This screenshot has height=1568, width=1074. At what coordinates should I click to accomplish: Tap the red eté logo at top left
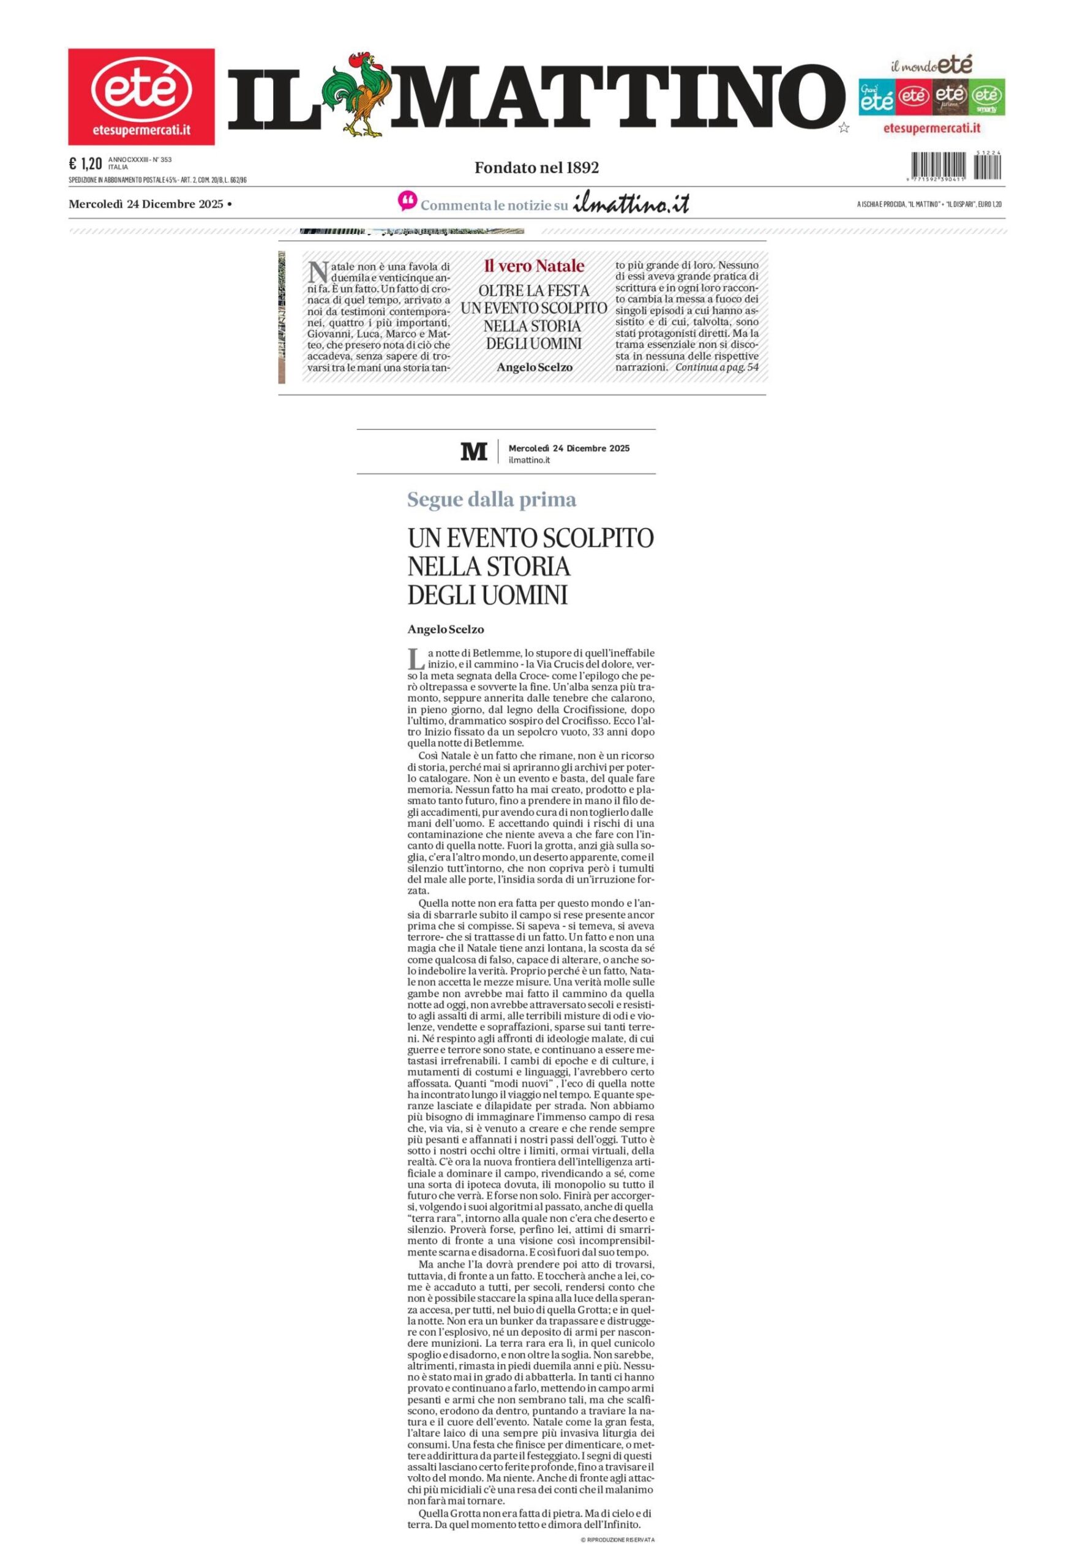click(141, 97)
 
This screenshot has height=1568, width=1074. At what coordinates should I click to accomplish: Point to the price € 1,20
click(85, 164)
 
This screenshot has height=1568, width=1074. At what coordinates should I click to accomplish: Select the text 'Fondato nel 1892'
click(536, 167)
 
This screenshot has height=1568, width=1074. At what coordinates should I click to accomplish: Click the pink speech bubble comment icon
click(407, 202)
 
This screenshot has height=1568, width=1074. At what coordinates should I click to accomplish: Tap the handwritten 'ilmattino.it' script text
click(631, 204)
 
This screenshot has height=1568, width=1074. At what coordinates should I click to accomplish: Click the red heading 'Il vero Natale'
click(533, 266)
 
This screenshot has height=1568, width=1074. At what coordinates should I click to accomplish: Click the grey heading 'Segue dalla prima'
click(492, 500)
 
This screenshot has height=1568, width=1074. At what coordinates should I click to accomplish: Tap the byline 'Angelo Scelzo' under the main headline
click(446, 630)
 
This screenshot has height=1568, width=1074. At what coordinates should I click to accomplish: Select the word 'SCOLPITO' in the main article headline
click(599, 538)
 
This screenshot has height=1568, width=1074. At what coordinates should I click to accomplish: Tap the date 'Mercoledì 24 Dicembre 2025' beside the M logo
click(569, 448)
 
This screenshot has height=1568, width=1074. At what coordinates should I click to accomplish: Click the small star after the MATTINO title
click(843, 127)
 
